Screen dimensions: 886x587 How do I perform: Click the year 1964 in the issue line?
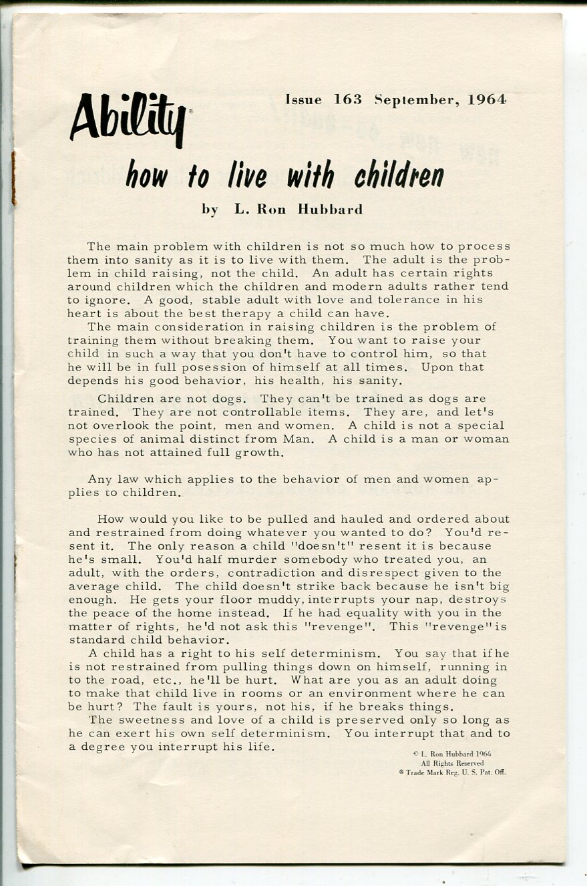click(487, 100)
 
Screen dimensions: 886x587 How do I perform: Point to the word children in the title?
click(399, 175)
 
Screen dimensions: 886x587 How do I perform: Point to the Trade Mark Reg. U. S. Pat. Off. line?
click(452, 772)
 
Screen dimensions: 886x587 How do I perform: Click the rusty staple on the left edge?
click(13, 178)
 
